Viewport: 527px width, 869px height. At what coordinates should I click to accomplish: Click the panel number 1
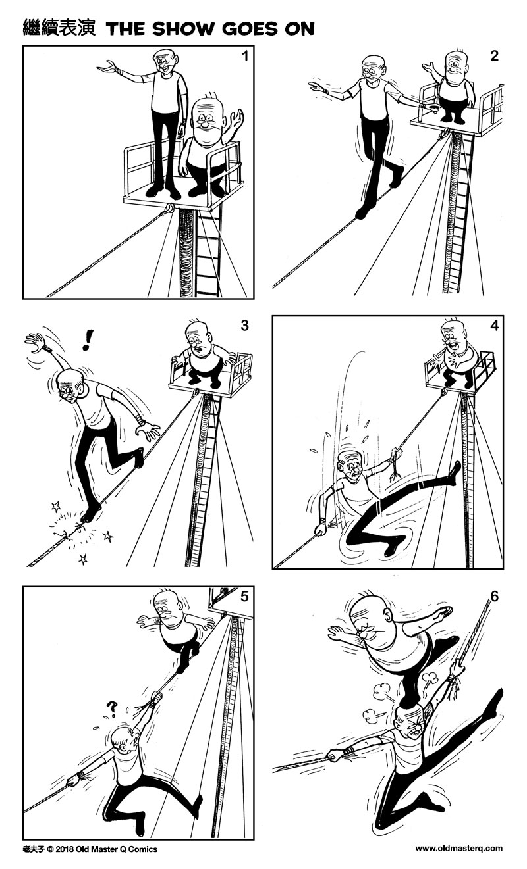coord(244,56)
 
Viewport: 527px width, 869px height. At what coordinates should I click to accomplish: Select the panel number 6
coord(494,597)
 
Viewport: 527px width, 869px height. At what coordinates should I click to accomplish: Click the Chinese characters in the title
coord(59,28)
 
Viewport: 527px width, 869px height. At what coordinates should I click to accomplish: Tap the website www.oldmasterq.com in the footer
coord(458,849)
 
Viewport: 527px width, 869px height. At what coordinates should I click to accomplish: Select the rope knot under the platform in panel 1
coord(170,209)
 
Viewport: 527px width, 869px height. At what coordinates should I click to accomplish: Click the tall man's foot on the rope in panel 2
coord(362,212)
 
